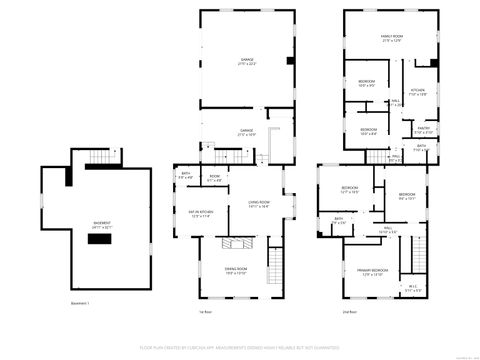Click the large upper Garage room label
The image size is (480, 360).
click(245, 61)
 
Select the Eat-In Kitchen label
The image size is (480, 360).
click(203, 213)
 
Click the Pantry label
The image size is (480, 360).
click(423, 128)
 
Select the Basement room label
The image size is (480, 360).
click(102, 224)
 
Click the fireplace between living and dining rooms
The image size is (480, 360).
click(236, 243)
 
